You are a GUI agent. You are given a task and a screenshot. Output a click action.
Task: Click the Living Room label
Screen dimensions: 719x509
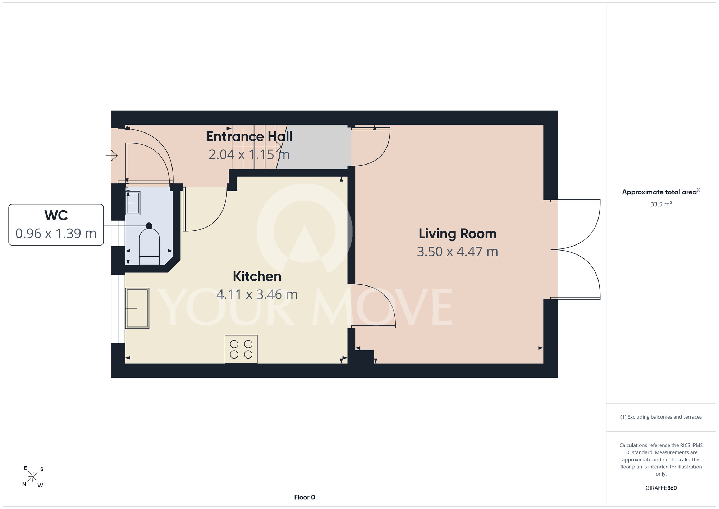click(x=457, y=234)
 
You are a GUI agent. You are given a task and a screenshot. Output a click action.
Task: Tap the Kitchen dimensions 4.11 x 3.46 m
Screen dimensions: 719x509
click(x=257, y=294)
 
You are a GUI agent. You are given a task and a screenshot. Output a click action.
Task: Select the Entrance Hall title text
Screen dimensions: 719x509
click(x=249, y=137)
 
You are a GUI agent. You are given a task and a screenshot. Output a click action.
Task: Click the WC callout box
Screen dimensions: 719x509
click(x=56, y=225)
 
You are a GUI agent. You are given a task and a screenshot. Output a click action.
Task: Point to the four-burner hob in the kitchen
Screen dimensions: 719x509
click(x=241, y=349)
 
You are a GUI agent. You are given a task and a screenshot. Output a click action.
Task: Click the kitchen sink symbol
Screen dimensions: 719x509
click(x=137, y=308)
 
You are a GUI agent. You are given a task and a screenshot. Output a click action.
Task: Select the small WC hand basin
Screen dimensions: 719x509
click(x=133, y=203)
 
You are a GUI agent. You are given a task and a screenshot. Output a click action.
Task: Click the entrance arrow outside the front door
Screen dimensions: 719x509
click(x=111, y=156)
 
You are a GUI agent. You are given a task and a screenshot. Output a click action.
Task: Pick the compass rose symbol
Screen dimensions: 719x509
click(x=33, y=477)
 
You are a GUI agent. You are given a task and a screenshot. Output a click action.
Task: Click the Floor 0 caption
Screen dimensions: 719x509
click(x=304, y=497)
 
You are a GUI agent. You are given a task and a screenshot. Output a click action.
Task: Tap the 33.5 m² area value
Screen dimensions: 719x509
click(x=661, y=204)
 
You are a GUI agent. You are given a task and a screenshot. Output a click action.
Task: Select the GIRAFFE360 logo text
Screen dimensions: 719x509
click(x=661, y=488)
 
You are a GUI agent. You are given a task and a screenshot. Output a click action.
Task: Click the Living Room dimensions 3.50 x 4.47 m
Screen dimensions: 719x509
click(x=458, y=252)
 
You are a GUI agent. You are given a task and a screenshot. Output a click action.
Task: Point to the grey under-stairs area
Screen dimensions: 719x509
click(x=314, y=147)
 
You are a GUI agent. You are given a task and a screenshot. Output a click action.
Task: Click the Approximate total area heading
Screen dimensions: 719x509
click(x=661, y=192)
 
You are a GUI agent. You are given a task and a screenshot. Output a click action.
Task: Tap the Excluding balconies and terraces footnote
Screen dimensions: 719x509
click(x=661, y=417)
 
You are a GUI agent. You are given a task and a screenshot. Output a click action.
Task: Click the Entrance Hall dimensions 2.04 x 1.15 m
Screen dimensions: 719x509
click(x=249, y=154)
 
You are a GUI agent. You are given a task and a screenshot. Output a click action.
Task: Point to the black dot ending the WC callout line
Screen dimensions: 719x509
click(x=149, y=226)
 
